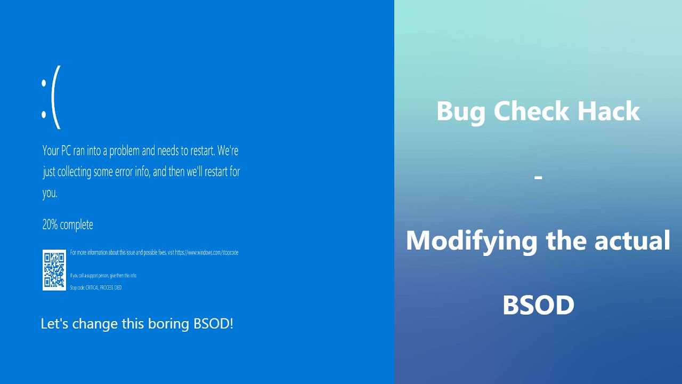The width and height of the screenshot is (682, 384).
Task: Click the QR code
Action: [54, 270]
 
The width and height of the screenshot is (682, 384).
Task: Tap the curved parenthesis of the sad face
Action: [56, 97]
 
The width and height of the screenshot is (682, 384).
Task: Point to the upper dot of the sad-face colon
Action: [44, 83]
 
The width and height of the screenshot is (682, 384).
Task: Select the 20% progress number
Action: [50, 225]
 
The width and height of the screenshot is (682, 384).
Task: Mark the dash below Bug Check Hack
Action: [538, 177]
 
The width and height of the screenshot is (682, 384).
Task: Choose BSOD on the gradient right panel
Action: [538, 305]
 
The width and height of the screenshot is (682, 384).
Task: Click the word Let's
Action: [54, 323]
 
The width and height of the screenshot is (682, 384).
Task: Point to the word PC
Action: [66, 151]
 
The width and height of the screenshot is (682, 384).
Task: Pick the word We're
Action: [228, 151]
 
